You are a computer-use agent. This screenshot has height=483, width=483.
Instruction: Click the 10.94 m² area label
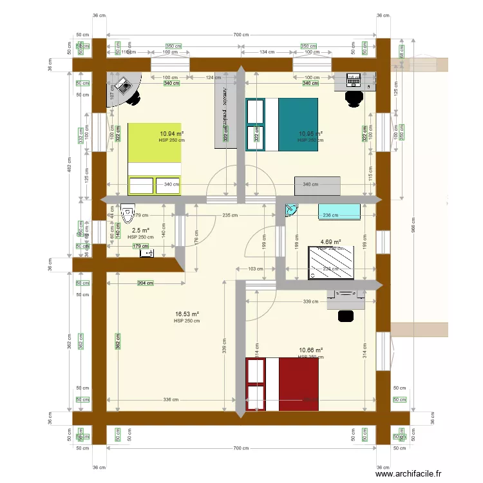pyautogui.click(x=171, y=134)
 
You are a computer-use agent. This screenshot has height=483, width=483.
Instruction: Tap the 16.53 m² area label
pyautogui.click(x=187, y=314)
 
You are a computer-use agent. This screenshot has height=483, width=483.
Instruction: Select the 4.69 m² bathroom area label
pyautogui.click(x=330, y=243)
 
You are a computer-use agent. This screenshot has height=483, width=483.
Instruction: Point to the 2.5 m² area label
pyautogui.click(x=140, y=231)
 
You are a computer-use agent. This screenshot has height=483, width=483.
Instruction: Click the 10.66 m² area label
pyautogui.click(x=310, y=350)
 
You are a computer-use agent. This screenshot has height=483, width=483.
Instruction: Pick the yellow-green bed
pyautogui.click(x=155, y=158)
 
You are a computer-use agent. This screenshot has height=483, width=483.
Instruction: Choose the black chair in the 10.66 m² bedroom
pyautogui.click(x=346, y=316)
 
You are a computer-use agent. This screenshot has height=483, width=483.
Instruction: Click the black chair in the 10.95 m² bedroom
pyautogui.click(x=353, y=97)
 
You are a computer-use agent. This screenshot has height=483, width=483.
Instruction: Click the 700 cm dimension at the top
pyautogui.click(x=241, y=35)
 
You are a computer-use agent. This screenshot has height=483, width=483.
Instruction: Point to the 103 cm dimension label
pyautogui.click(x=256, y=269)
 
